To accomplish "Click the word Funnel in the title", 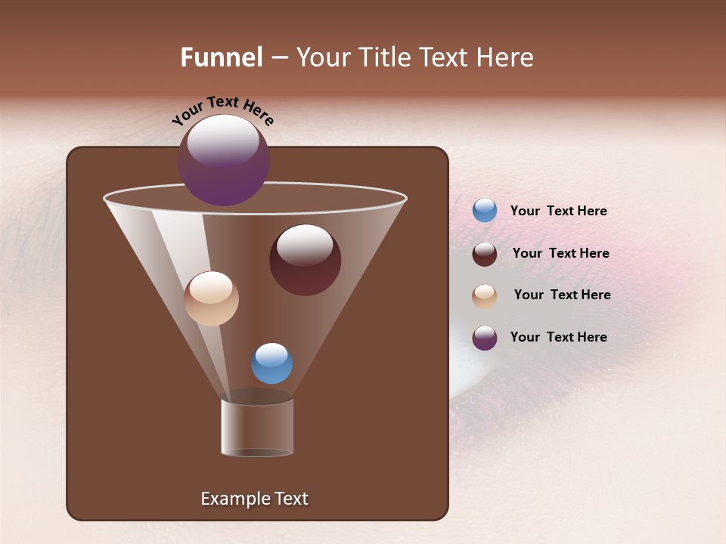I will (222, 57).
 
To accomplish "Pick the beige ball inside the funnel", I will (211, 299).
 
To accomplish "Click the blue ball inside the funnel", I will (271, 363).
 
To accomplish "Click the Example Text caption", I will (254, 499).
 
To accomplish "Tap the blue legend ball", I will (485, 211).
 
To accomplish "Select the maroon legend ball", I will (485, 254).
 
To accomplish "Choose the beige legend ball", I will (485, 295).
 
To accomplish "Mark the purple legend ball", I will (485, 338).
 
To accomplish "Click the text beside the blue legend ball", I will (558, 212).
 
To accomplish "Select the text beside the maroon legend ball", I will (560, 254).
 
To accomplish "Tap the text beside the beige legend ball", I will (562, 295).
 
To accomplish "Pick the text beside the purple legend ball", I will (558, 338).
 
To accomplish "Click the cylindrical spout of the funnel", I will (257, 427).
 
